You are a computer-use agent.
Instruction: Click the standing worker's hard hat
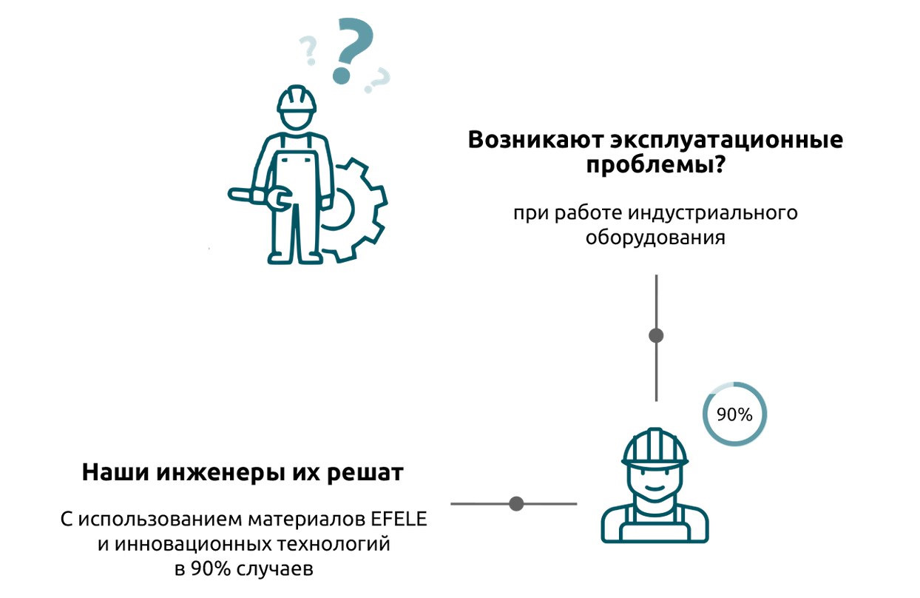click(x=297, y=99)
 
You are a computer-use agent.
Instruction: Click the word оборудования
click(x=655, y=238)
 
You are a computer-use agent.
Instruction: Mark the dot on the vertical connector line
click(x=656, y=335)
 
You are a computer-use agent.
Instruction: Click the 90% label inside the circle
click(x=734, y=414)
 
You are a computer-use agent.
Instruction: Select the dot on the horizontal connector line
click(x=517, y=504)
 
